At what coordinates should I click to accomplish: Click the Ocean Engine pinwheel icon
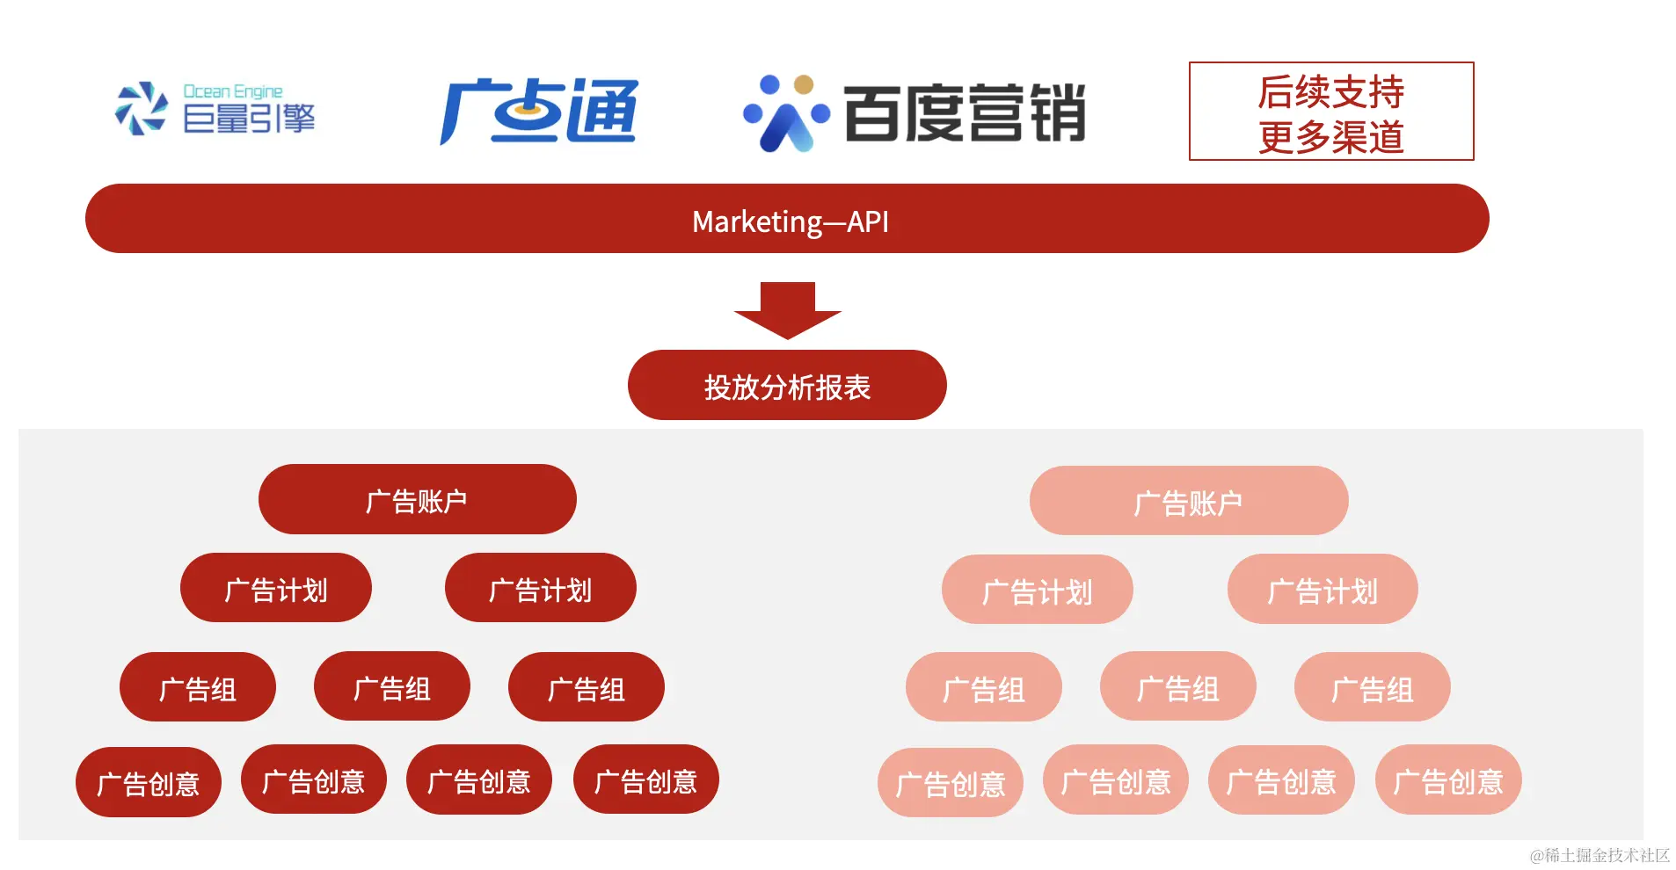point(141,109)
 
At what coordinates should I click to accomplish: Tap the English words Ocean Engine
point(232,91)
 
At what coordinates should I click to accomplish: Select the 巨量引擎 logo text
point(248,119)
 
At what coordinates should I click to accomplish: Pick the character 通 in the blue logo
point(601,112)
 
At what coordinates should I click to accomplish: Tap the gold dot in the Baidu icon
point(803,84)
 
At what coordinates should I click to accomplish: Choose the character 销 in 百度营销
point(1058,113)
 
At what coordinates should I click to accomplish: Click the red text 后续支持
point(1330,91)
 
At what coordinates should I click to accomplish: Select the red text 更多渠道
point(1330,137)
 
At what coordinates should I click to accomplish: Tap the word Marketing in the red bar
point(757,221)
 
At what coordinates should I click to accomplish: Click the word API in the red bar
point(868,221)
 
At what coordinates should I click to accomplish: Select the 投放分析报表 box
point(787,386)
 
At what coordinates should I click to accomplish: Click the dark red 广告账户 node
point(417,500)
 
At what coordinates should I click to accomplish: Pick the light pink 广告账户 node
point(1188,502)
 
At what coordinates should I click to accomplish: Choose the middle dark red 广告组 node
point(391,687)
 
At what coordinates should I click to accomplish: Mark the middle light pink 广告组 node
point(1177,688)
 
